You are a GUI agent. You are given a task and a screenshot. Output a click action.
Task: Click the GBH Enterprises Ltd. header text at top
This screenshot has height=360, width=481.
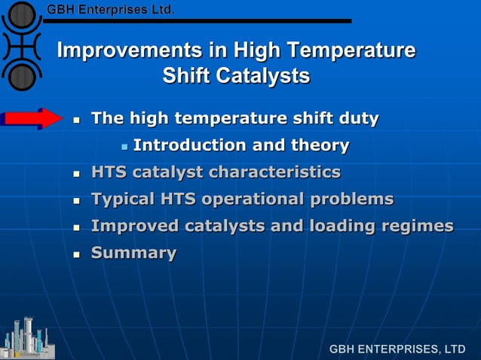coord(110,10)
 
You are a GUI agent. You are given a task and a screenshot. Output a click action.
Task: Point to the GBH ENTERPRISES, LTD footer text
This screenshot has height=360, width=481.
coord(397,349)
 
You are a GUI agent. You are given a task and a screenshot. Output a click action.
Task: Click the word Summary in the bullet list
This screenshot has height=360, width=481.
coord(133,253)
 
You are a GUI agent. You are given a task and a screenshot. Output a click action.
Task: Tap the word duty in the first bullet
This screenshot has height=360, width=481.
coord(357,118)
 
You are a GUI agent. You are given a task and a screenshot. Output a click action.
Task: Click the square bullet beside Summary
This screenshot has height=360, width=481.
coord(76,254)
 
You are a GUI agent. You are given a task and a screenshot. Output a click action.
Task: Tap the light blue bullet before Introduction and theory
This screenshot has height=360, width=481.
coord(124,145)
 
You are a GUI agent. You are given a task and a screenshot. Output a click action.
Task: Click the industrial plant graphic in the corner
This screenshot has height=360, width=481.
coord(26,337)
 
